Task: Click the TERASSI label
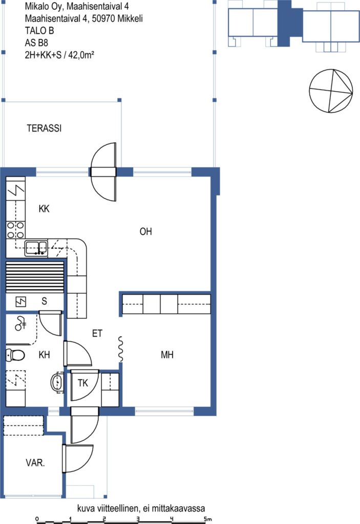[x=44, y=128]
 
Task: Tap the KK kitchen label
[x=44, y=209]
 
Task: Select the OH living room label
[x=145, y=231]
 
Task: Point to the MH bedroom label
[x=167, y=355]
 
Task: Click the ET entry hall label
[x=97, y=333]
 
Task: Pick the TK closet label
[x=82, y=383]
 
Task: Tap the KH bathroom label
[x=44, y=355]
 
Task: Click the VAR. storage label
[x=35, y=463]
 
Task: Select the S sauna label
[x=44, y=301]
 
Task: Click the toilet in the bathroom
[x=15, y=355]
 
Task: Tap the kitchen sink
[x=36, y=248]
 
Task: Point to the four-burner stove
[x=16, y=230]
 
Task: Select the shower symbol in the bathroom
[x=21, y=323]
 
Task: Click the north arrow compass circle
[x=331, y=91]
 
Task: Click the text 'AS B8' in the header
[x=36, y=43]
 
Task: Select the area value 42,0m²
[x=81, y=55]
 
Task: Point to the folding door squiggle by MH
[x=121, y=348]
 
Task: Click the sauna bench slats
[x=35, y=277]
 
